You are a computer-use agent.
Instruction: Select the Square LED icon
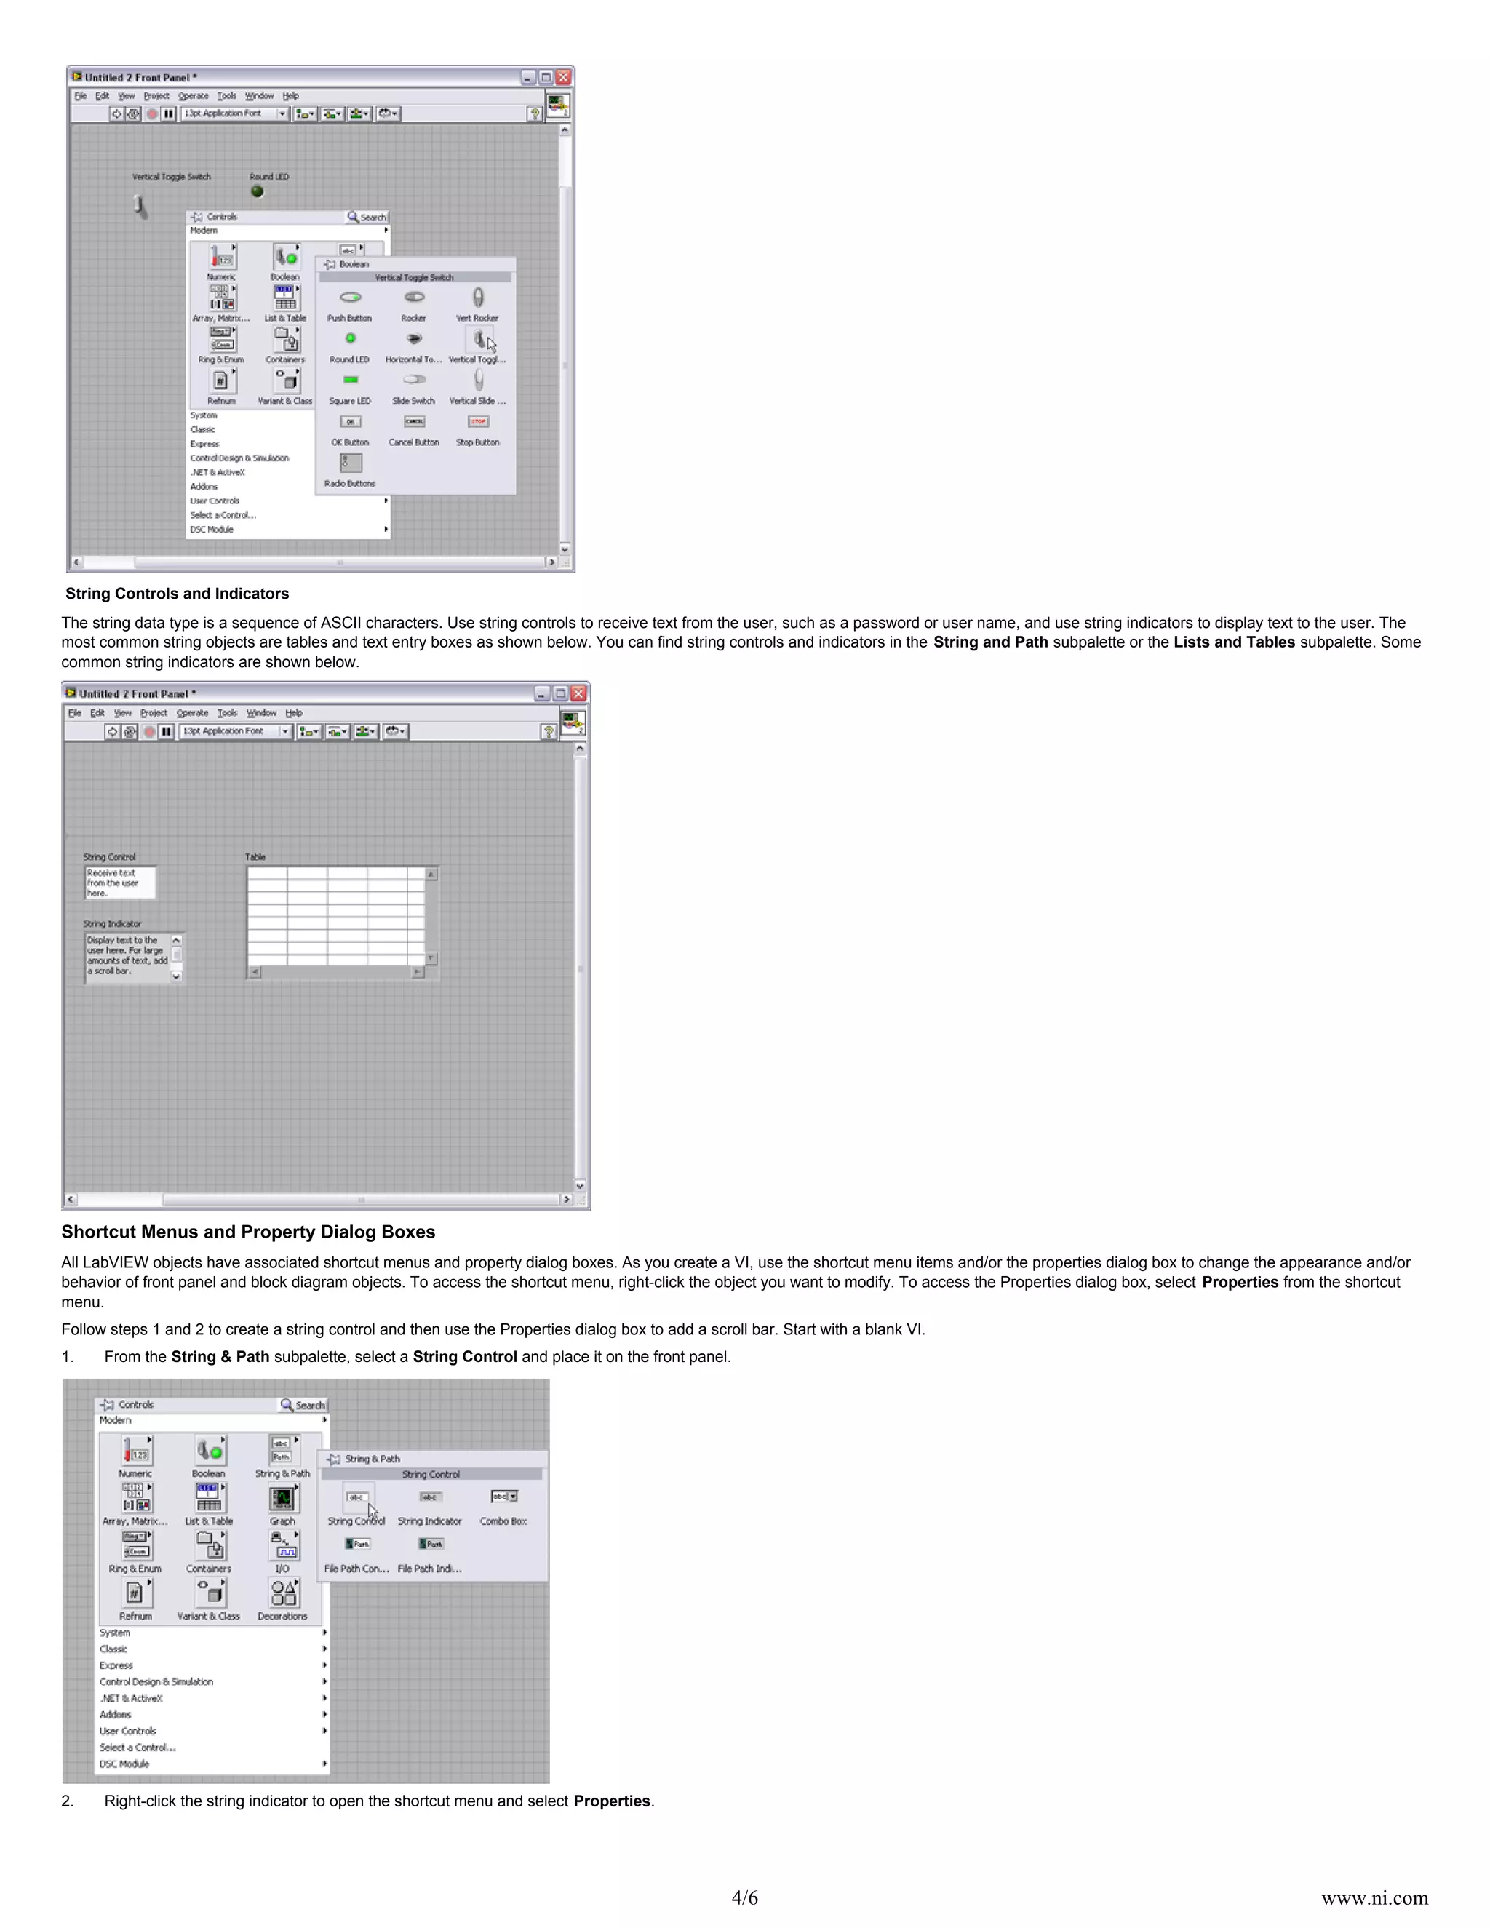351,381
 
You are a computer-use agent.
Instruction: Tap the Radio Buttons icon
351,463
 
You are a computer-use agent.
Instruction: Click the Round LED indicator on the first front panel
257,191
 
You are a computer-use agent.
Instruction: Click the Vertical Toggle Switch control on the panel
140,206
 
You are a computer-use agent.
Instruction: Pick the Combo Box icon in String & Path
504,1497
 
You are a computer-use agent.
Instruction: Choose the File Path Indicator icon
431,1545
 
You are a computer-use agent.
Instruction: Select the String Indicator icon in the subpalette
430,1497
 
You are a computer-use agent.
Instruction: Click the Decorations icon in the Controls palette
282,1593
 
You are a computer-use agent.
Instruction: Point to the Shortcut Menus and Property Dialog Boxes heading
248,1232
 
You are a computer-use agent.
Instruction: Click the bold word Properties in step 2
612,1801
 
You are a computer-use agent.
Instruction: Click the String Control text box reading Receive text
120,883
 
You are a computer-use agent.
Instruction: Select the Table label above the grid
255,857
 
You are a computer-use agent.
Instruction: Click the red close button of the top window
563,78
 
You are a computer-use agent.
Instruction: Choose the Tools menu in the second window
227,713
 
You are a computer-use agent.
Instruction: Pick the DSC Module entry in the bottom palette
124,1764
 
